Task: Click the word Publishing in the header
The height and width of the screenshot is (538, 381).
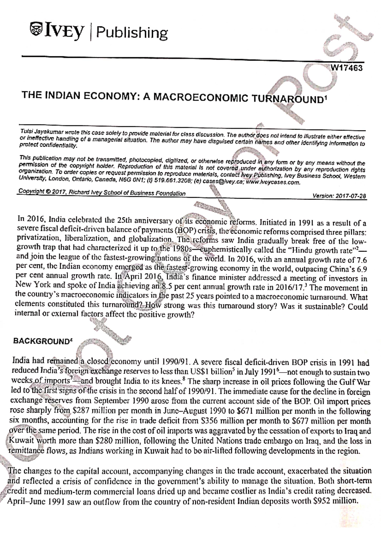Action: (132, 33)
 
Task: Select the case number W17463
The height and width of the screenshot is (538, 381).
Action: (346, 68)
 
